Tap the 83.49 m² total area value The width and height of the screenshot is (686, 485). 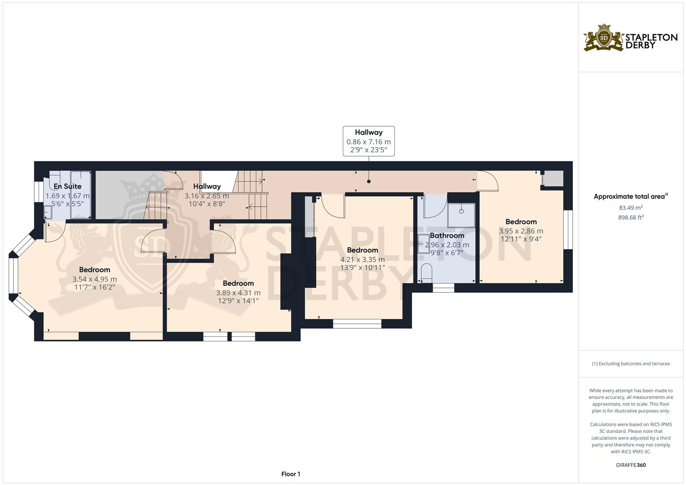point(630,207)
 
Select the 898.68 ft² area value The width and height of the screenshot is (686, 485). point(630,217)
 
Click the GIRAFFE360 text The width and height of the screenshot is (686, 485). point(630,465)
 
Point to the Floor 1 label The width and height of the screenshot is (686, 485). point(291,474)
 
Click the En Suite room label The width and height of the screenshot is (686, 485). point(67,186)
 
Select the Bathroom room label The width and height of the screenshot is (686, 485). point(447,235)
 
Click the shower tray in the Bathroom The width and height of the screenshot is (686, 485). point(461,216)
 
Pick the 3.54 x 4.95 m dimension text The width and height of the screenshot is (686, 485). point(94,279)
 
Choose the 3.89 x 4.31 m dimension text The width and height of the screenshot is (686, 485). point(238,293)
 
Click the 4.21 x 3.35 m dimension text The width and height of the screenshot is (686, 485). point(362,260)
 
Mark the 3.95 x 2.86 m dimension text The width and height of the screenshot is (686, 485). point(521,231)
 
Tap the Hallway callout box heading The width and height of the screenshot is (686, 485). point(368,132)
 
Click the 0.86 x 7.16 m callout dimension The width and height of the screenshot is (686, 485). point(368,142)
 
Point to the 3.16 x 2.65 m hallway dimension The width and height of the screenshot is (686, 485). point(207,196)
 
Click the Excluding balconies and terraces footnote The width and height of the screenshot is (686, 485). point(630,364)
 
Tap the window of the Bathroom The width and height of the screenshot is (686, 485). point(443,288)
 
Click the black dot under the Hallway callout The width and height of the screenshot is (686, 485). point(369,181)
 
